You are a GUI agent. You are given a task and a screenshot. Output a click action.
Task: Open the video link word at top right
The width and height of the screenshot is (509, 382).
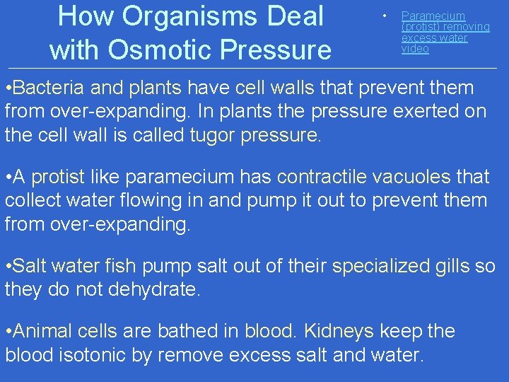tap(415, 49)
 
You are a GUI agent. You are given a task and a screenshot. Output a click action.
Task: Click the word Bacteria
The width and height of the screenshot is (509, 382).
tap(44, 88)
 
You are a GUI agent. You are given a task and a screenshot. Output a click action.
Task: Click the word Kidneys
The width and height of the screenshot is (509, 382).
tap(338, 332)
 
